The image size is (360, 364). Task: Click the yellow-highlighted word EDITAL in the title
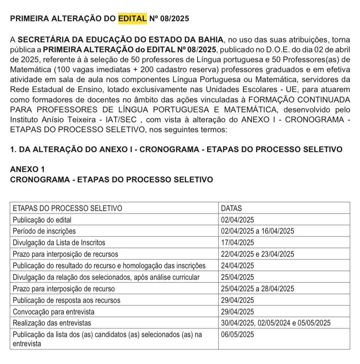(133, 19)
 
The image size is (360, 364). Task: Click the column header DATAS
(231, 208)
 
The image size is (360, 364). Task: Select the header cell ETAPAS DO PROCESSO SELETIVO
(67, 208)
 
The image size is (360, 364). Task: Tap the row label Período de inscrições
(44, 231)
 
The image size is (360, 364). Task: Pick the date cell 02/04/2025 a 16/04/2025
(257, 231)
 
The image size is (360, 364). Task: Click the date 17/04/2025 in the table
(237, 242)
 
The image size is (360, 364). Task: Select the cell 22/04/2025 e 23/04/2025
(257, 254)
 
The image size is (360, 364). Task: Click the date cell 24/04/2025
(237, 265)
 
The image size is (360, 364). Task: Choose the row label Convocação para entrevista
(54, 311)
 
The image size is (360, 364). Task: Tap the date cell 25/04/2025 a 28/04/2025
(257, 288)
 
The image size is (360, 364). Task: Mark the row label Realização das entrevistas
(52, 323)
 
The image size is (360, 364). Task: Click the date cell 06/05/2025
(237, 335)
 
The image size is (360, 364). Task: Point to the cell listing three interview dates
(276, 323)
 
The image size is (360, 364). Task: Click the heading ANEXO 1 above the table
(27, 169)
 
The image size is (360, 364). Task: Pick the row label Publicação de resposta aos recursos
(67, 300)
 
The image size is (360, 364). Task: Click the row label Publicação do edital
(42, 220)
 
